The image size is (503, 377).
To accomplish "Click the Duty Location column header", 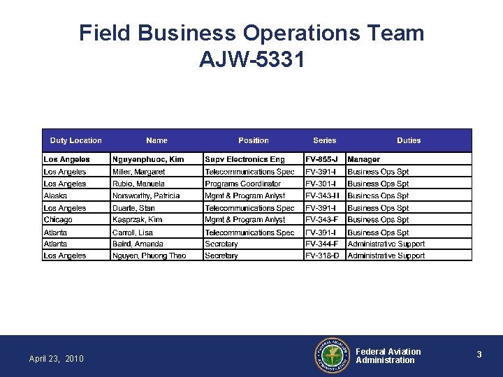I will [x=75, y=140].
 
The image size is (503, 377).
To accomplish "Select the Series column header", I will [x=324, y=140].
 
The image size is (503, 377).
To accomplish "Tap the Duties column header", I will [x=409, y=140].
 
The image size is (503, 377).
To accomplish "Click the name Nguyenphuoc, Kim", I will [x=148, y=159].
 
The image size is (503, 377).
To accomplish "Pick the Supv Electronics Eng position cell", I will [x=245, y=159].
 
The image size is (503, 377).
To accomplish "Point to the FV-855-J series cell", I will [x=322, y=159].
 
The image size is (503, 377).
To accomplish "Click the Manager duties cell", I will [x=363, y=159].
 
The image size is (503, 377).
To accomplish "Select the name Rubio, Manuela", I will [x=138, y=184].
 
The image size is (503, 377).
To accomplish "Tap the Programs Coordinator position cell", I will [x=242, y=184].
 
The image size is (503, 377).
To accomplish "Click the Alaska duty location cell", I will [x=55, y=195].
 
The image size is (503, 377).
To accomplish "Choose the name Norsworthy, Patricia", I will [x=146, y=195].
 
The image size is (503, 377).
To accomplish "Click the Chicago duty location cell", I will [x=58, y=219].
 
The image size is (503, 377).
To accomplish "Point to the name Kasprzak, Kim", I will [x=137, y=219].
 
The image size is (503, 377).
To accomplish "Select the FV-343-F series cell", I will [x=322, y=219].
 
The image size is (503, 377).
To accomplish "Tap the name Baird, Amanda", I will [x=138, y=244].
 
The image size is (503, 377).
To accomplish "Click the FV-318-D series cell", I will [x=322, y=256].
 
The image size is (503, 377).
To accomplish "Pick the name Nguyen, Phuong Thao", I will [x=149, y=256].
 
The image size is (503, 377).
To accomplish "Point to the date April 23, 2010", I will [x=56, y=359].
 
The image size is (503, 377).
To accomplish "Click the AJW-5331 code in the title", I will [x=251, y=60].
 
